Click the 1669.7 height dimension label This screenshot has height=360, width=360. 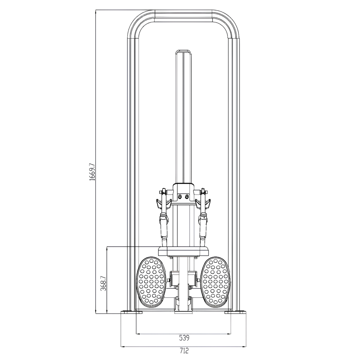pos(92,172)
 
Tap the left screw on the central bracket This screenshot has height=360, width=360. pos(180,196)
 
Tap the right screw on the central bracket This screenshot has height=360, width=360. pos(187,196)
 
